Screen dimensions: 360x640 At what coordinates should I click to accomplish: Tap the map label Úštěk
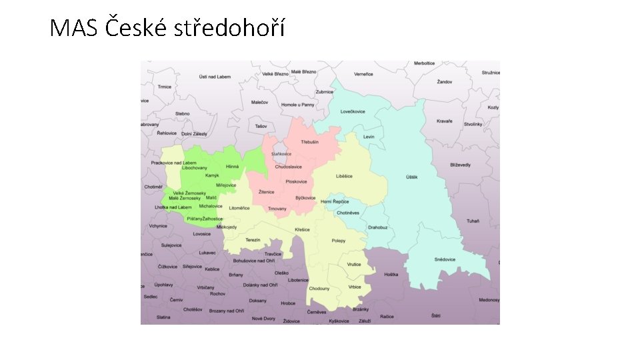(411, 177)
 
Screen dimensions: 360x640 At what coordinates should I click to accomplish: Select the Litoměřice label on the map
(239, 208)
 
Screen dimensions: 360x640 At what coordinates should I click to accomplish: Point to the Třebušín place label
(309, 142)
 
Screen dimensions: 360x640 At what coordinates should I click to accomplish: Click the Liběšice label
(344, 176)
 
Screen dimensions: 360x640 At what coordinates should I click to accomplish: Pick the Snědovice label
(445, 259)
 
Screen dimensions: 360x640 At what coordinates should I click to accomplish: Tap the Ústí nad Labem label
(215, 77)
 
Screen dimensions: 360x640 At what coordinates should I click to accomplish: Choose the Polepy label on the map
(339, 241)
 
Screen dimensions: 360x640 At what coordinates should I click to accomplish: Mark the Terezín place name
(253, 240)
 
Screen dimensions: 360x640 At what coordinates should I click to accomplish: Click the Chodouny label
(319, 289)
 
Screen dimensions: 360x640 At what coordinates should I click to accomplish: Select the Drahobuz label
(377, 227)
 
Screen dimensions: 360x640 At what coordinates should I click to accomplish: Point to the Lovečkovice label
(353, 111)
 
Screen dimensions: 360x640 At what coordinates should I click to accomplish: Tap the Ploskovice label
(296, 181)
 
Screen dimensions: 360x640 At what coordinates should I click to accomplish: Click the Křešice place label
(302, 229)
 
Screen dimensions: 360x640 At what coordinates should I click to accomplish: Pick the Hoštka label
(391, 275)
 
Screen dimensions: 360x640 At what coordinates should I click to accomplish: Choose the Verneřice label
(363, 74)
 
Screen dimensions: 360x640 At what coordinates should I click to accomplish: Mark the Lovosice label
(201, 234)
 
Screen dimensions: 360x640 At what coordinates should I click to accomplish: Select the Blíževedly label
(460, 165)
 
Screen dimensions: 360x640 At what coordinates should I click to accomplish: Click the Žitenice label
(267, 192)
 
